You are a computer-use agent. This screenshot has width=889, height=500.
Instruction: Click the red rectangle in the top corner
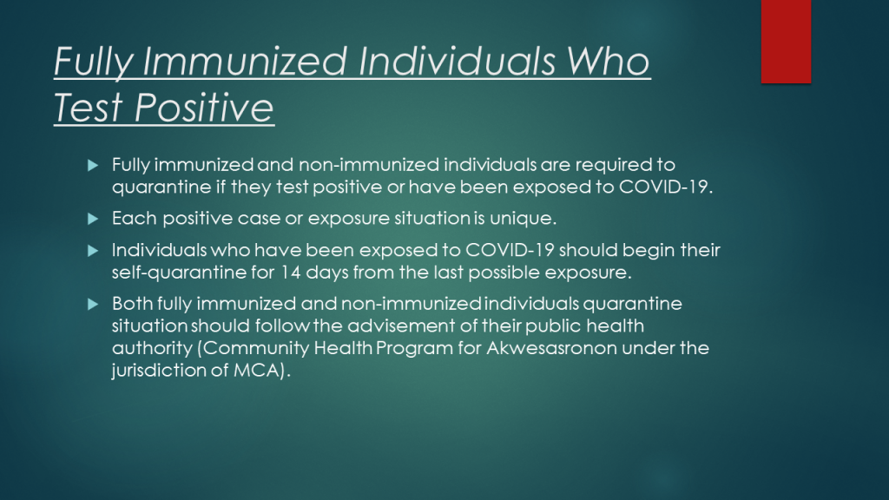786,42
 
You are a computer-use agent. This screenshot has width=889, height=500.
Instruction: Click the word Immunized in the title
244,62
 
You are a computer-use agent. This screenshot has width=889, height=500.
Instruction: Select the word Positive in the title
204,107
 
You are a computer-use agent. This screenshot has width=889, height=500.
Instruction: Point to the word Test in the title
89,107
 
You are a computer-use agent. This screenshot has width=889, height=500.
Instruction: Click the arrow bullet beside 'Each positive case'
93,219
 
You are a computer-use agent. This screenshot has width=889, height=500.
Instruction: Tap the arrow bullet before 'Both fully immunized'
93,305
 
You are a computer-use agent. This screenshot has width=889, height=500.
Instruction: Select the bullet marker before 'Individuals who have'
93,251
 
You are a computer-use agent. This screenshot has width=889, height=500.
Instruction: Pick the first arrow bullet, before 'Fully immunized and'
93,166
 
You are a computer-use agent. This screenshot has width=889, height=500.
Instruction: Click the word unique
523,219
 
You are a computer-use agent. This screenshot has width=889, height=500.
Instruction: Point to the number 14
290,272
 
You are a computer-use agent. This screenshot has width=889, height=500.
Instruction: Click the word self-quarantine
179,273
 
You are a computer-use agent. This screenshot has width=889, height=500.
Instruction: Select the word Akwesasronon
551,347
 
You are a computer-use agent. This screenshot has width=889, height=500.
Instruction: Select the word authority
152,348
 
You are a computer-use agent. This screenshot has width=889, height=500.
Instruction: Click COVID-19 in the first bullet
663,187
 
